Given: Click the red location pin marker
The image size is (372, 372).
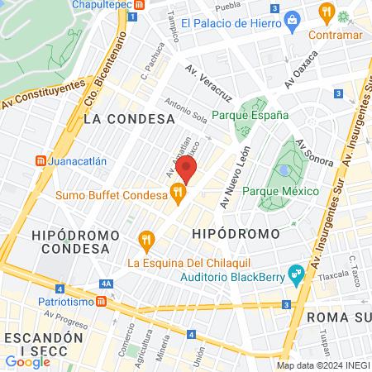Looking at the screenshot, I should point(186,168).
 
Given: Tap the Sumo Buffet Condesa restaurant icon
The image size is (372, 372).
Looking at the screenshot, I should point(177,193).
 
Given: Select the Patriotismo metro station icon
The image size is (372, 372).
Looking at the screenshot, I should point(100,303).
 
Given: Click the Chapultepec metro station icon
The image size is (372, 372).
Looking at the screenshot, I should point(141,4).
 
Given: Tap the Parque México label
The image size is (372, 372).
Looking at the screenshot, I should point(281,191).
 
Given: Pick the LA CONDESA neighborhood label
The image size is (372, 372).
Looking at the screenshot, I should point(115,119).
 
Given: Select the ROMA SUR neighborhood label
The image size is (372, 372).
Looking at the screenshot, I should point(339,317).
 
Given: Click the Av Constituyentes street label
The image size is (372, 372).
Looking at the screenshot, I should point(44,94).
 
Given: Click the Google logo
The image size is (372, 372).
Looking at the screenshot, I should point(27,361).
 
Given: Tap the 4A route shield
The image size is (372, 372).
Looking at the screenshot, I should point(105,284).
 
